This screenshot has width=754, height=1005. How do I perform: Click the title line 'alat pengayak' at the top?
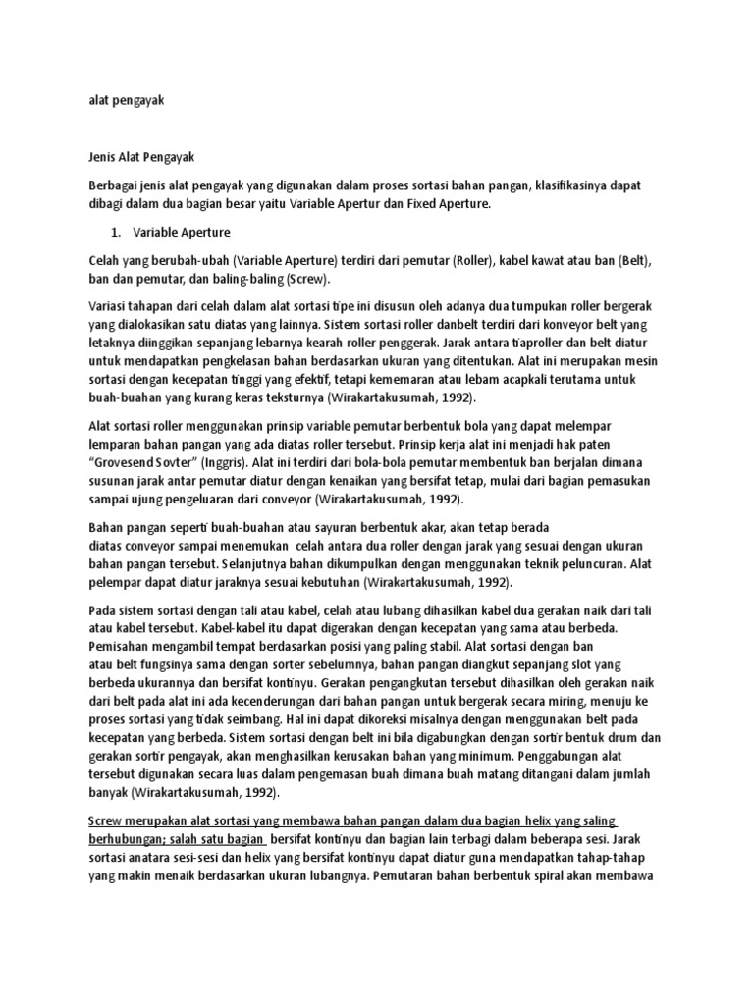(x=123, y=99)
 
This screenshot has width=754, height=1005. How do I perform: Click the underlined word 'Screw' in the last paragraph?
(x=106, y=820)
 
